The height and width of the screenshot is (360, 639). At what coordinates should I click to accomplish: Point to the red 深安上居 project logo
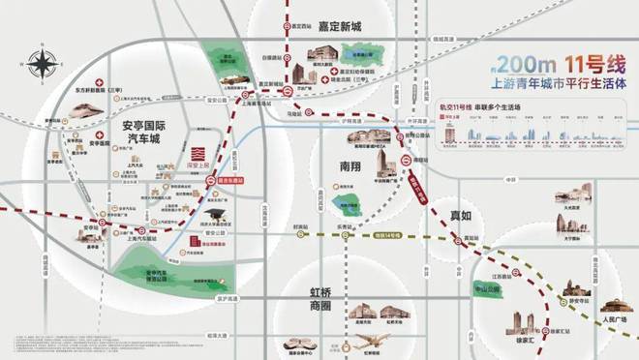(x=198, y=157)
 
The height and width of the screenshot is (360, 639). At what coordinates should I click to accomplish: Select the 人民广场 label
(x=614, y=317)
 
